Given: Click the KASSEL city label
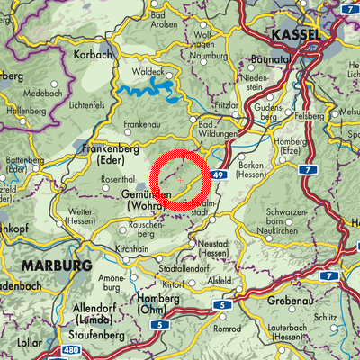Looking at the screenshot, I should coord(292,33).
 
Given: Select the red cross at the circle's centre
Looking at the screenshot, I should coord(180,180).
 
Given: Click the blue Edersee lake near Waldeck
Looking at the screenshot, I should coord(144,91).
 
